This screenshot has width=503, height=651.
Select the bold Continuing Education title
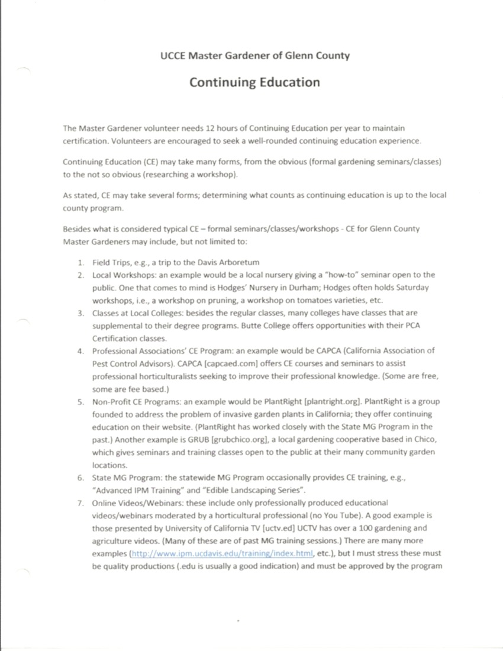click(x=254, y=82)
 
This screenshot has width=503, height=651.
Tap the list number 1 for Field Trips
click(x=80, y=262)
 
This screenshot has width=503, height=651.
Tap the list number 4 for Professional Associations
click(x=80, y=350)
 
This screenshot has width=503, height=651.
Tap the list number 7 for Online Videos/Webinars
click(x=80, y=502)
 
